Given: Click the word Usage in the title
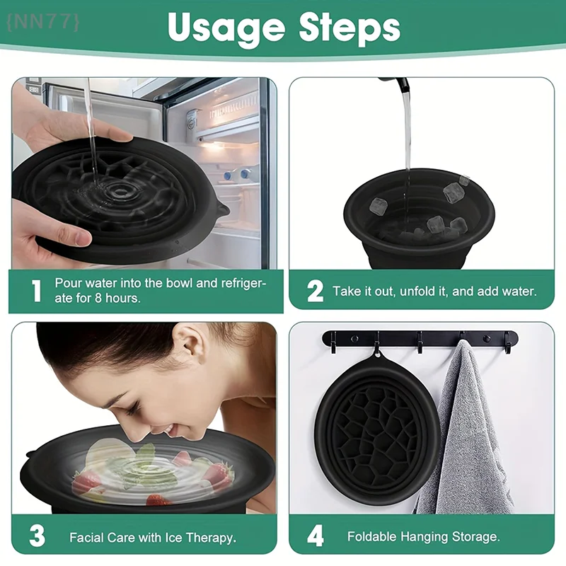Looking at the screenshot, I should click(x=226, y=28).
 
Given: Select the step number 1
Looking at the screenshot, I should click(x=36, y=291).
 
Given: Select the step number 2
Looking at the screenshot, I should click(x=315, y=291).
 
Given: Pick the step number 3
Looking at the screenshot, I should click(x=36, y=536).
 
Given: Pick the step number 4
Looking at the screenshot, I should click(x=315, y=536).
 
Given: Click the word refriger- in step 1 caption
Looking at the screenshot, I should click(x=237, y=283).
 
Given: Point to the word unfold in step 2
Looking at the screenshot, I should click(x=424, y=291).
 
